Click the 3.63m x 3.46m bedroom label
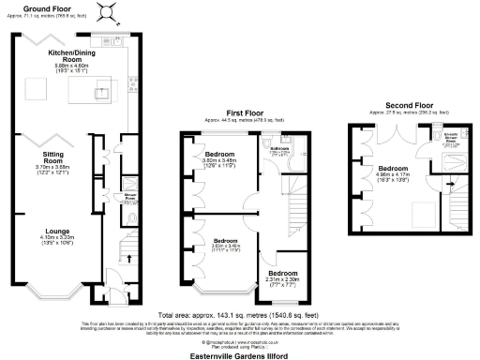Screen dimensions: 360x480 (217, 244)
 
